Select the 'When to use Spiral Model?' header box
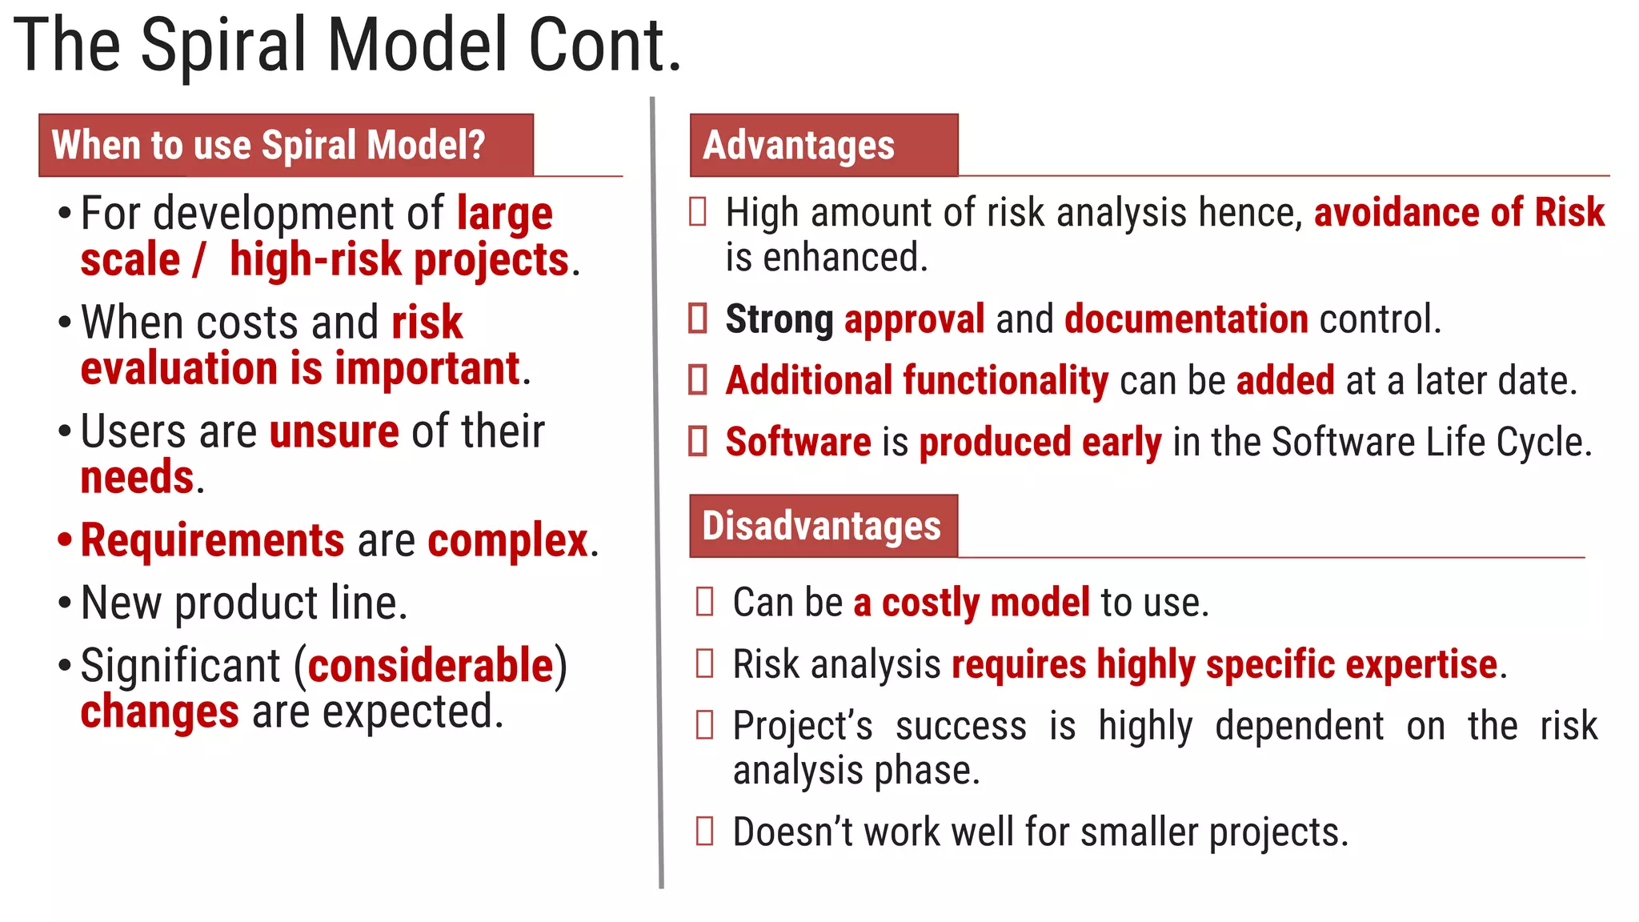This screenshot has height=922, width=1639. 286,145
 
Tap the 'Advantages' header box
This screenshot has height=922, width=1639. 824,145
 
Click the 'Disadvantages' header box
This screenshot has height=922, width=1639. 823,526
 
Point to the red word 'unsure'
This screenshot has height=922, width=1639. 335,432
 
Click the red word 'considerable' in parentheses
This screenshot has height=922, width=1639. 431,666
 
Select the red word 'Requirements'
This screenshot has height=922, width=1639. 213,540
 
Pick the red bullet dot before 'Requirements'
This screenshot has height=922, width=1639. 65,540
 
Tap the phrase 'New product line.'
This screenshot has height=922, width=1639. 244,603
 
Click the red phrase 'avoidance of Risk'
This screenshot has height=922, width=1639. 1459,213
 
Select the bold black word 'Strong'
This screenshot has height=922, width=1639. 779,319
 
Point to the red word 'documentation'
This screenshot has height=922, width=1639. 1186,319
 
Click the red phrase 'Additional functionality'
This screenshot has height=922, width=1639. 916,380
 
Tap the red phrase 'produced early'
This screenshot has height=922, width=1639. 1040,443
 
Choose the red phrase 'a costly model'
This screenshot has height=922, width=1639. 971,603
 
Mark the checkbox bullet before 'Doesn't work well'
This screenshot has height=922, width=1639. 705,831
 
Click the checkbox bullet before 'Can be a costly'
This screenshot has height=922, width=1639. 705,601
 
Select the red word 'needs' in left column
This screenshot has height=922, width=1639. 138,478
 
